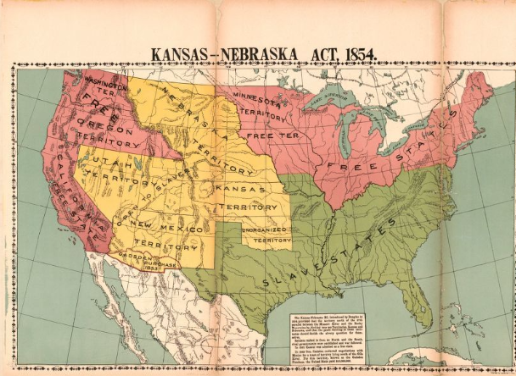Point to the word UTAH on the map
[98, 161]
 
